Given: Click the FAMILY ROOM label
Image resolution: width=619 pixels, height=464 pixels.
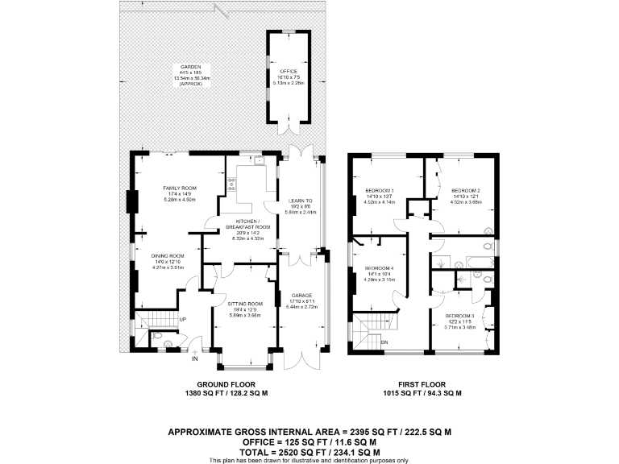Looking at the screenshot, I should click(x=180, y=188).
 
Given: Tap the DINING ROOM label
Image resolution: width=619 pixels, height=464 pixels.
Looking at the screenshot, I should click(x=168, y=255).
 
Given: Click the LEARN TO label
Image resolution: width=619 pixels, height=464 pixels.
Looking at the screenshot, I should click(x=301, y=201).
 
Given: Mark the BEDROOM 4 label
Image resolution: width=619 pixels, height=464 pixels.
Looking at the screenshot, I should click(x=380, y=267).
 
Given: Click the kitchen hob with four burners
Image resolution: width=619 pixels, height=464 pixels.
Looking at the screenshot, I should click(x=232, y=184).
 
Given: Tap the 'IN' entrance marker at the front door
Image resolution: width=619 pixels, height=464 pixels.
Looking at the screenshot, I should click(x=194, y=361).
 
